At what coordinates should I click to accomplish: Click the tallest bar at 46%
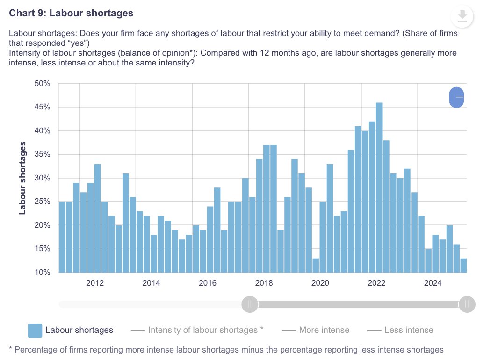pos(379,187)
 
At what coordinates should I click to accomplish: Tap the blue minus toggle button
pos(456,97)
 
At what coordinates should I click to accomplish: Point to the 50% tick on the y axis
pos(42,84)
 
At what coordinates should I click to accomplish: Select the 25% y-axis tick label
pos(42,202)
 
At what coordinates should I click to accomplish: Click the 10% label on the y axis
pos(42,272)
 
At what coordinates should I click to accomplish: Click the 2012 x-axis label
pos(94,283)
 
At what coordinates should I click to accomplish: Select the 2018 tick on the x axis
pos(264,283)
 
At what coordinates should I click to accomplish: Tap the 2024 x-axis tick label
pos(433,283)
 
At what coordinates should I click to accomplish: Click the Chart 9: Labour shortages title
pos(71,13)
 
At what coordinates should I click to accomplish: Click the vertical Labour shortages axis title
pos(22,181)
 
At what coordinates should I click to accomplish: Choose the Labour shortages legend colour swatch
pos(35,330)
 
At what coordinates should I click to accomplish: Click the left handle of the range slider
pos(250,304)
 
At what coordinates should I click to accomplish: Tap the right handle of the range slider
pos(467,304)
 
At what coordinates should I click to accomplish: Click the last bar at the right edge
pos(463,265)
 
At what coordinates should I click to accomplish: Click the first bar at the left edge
pos(62,237)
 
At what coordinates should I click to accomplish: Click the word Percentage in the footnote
pos(36,349)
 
